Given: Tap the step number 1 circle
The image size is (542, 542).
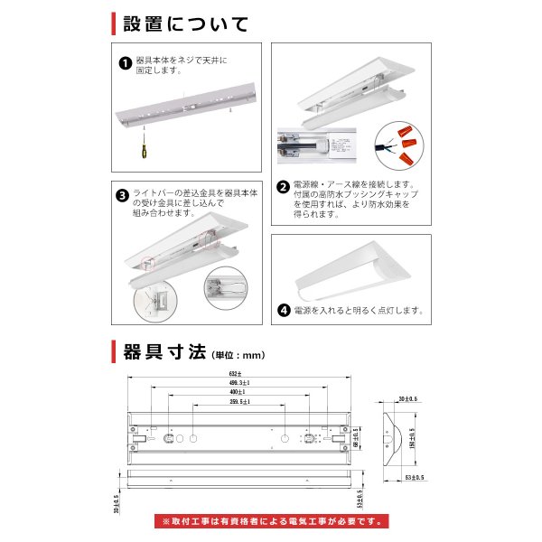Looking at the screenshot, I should tap(124, 63).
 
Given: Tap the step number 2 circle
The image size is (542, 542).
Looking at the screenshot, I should tap(282, 188).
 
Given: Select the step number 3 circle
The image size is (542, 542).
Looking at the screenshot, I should tap(123, 194).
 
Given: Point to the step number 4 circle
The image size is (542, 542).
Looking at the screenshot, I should tap(284, 310).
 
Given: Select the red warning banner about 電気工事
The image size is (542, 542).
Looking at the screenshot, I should tap(271, 521).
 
